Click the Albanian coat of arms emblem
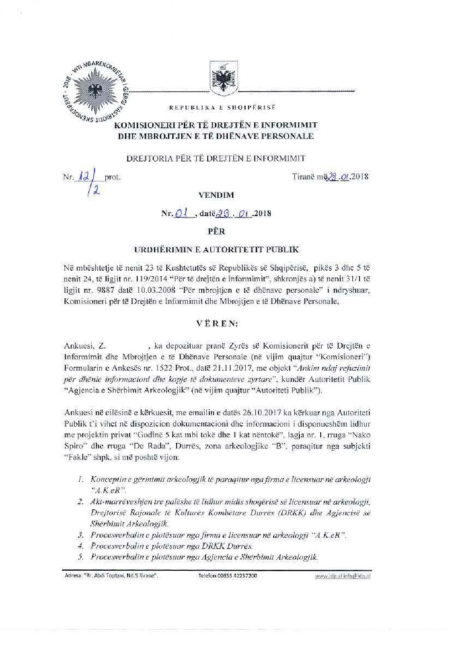[x=224, y=78]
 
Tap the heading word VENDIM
[x=216, y=195]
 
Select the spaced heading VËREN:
[x=217, y=323]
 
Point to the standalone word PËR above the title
[x=216, y=231]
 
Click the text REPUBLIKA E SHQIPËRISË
[x=222, y=108]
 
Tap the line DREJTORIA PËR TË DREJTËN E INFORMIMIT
[x=216, y=159]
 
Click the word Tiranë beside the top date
[x=303, y=176]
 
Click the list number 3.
[x=80, y=535]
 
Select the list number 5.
[x=80, y=557]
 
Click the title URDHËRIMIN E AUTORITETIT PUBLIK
[x=216, y=250]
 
